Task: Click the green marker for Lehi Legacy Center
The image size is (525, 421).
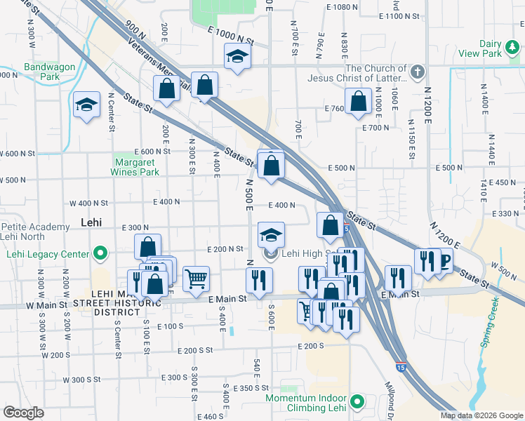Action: click(x=100, y=253)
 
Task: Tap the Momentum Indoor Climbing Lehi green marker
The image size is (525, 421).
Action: click(x=357, y=402)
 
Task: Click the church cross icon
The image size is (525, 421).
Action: click(x=418, y=72)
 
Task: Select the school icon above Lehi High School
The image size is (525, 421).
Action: click(x=271, y=235)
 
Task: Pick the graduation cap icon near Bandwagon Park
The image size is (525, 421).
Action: click(x=86, y=105)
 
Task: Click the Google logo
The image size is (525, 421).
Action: click(x=23, y=413)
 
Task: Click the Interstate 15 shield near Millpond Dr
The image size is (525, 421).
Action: click(x=401, y=367)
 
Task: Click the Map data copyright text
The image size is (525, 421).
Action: click(x=481, y=415)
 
